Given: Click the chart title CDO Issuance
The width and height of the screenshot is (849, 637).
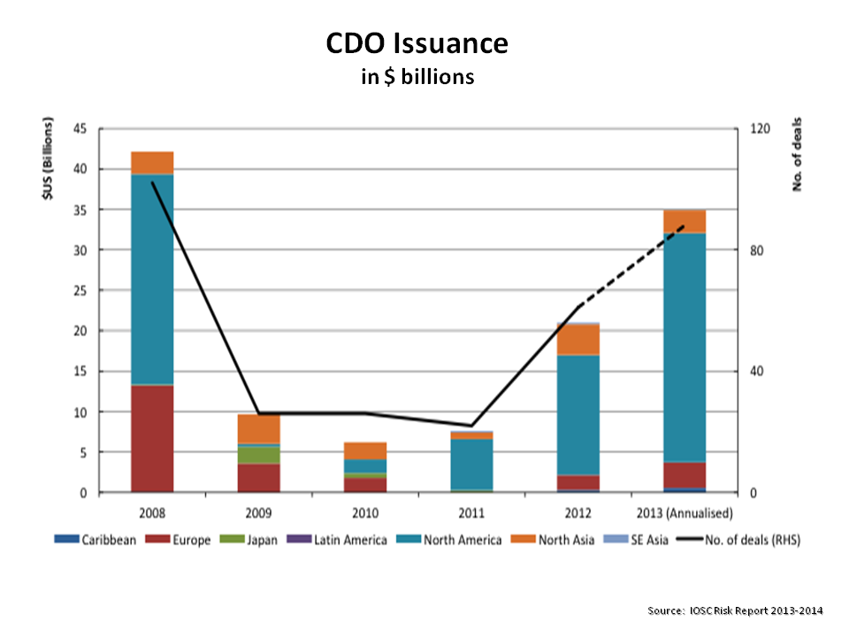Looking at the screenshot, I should point(417,43).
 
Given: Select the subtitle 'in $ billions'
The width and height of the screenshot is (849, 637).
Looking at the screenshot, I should point(417,77).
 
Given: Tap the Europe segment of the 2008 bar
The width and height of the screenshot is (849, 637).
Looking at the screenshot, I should point(152,438).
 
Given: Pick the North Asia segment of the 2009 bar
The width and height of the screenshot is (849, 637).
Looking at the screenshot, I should point(258,428).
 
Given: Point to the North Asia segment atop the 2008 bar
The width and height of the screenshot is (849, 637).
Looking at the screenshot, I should point(152,163).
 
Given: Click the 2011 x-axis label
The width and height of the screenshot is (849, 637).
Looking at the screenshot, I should point(471,512).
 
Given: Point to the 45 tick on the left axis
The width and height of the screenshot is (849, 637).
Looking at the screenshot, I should point(80,129).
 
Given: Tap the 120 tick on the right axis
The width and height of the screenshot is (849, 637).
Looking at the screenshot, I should point(760,129).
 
